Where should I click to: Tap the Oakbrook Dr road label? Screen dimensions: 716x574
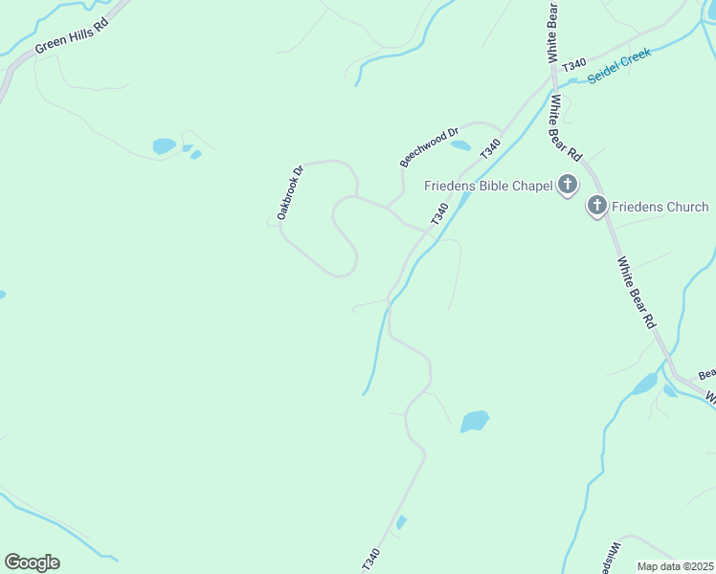pos(290,193)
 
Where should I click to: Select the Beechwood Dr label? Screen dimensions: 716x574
pos(430,146)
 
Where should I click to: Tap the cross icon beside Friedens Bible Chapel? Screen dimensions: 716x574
pos(568,185)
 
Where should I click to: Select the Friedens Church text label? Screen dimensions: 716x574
pos(660,207)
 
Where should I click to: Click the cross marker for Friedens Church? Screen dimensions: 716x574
pos(597,206)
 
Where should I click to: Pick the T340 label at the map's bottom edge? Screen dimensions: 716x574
pos(371,561)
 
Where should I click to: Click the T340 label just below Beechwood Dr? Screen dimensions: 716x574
pos(490,149)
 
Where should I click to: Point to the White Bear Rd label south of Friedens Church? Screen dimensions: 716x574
pos(637,292)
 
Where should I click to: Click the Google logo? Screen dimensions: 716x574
pos(32,563)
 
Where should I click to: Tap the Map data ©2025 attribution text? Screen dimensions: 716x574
pos(675,566)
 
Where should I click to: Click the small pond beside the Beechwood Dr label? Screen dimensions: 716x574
pos(460,145)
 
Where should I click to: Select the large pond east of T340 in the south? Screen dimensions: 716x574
pos(475,421)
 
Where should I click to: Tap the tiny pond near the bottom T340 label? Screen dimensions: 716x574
pos(401,522)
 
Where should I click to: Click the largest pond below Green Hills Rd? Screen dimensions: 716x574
pos(164,146)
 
